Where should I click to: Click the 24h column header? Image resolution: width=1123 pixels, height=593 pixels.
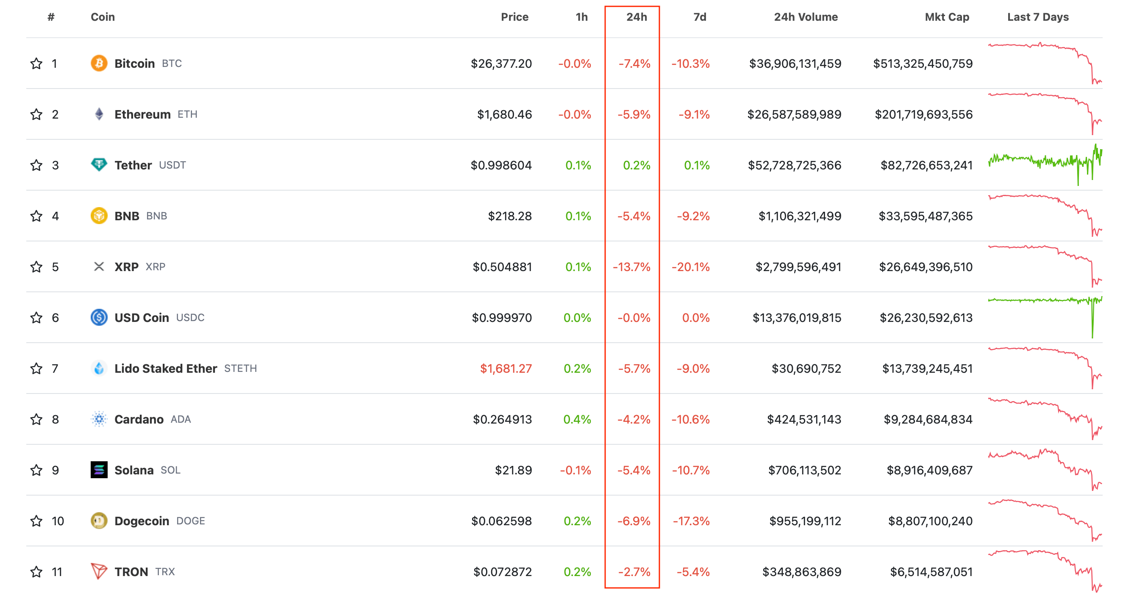pos(636,17)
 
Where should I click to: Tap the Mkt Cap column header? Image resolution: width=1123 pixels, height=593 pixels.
pos(946,17)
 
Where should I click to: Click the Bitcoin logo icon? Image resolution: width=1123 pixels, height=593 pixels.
pos(99,63)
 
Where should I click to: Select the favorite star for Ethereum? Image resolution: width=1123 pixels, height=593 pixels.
pos(36,114)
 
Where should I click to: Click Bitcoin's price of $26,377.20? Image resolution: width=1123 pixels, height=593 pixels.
pos(501,64)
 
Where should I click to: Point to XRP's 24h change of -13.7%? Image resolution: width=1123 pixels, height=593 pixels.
pos(631,267)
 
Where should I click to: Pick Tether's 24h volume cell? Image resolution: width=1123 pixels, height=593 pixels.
pos(794,165)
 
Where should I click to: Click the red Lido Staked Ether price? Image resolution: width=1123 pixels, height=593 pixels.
pos(506,369)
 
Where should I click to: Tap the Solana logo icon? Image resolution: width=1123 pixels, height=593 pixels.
pos(99,470)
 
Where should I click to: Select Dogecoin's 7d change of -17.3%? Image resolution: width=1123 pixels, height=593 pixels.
pos(691,521)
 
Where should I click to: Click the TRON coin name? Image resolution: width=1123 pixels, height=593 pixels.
pos(131,572)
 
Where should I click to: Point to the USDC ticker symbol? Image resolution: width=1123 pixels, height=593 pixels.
pos(190,318)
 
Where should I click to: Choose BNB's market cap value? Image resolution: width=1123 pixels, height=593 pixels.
pos(925,216)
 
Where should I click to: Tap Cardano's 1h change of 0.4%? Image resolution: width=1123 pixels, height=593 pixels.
pos(577,419)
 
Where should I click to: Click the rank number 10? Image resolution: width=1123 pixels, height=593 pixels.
pos(58,521)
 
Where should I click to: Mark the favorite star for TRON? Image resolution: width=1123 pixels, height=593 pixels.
pos(36,572)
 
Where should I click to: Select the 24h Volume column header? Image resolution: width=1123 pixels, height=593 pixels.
pos(805,17)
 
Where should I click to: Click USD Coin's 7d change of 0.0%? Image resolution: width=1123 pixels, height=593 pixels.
pos(695,318)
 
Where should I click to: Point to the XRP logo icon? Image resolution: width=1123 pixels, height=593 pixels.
pos(99,267)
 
